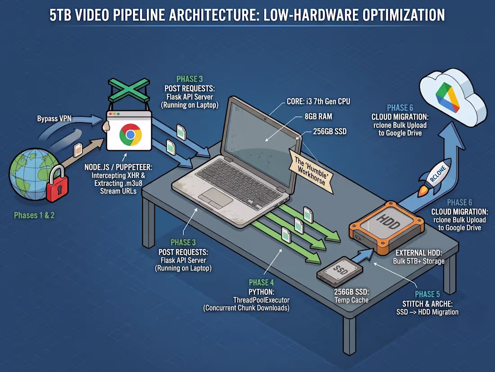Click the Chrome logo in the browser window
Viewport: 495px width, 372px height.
click(x=130, y=134)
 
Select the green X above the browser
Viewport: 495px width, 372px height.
click(x=129, y=89)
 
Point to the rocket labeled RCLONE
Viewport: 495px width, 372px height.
click(x=435, y=177)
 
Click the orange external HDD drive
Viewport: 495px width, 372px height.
click(x=387, y=227)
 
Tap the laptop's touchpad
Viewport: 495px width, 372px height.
click(x=215, y=198)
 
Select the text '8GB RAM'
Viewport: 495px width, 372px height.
click(x=318, y=116)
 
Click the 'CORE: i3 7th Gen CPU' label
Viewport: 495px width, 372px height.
click(x=318, y=101)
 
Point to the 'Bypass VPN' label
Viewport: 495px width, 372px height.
click(x=54, y=119)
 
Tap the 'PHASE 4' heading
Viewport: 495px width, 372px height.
click(x=261, y=282)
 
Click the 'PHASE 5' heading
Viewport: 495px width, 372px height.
click(x=427, y=294)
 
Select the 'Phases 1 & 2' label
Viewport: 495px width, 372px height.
click(x=34, y=216)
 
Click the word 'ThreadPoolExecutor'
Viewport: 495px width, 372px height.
click(x=261, y=300)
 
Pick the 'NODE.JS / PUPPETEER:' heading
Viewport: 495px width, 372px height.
click(x=118, y=167)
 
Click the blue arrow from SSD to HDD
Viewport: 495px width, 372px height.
click(x=363, y=256)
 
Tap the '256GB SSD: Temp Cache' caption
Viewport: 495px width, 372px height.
click(x=351, y=296)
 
